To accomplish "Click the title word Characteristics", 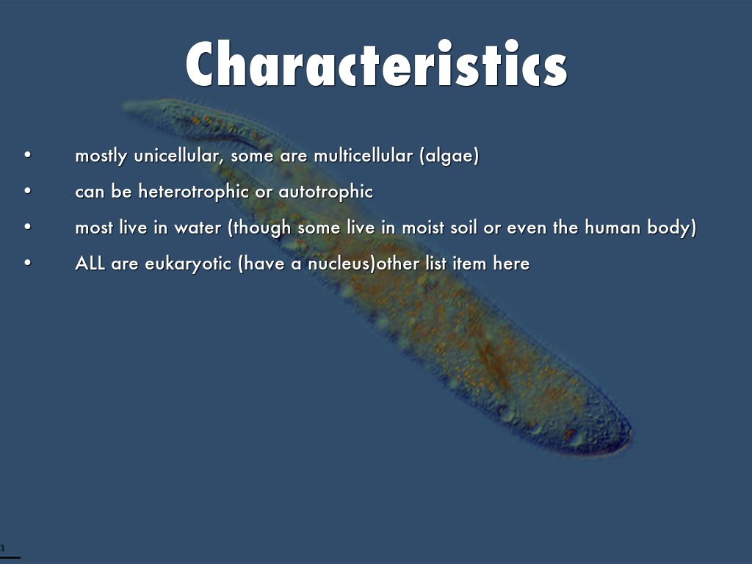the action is [x=377, y=63].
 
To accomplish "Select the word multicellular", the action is [x=363, y=156].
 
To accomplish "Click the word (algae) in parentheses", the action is [x=449, y=156].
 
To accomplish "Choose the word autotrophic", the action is [x=325, y=192].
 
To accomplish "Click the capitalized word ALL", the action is [x=90, y=264].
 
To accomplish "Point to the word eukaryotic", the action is [x=188, y=264].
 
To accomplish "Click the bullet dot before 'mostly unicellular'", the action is [x=28, y=155].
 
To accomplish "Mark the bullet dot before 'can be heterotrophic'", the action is [x=28, y=191].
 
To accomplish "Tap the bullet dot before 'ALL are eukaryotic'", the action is [x=28, y=263].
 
